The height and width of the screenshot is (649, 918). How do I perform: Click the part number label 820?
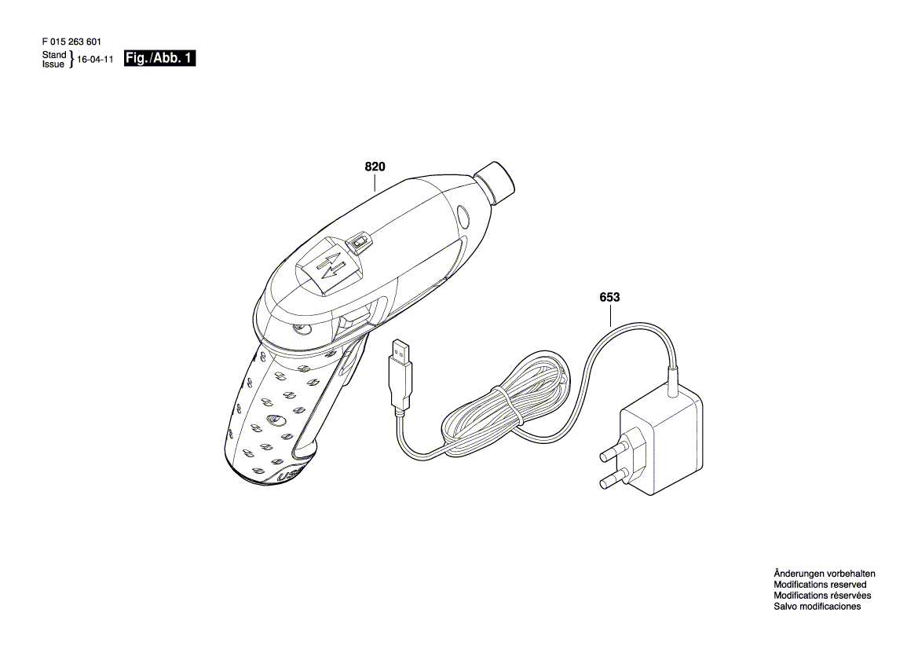[x=375, y=167]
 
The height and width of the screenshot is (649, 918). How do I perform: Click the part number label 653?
[x=609, y=298]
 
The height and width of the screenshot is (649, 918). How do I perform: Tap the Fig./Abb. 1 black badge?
[x=160, y=59]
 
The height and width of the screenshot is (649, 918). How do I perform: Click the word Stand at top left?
[x=54, y=55]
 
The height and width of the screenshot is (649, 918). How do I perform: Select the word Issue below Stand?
[x=54, y=64]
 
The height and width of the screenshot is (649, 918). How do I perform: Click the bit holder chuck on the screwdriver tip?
[x=495, y=180]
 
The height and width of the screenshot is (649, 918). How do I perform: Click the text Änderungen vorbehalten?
[x=824, y=574]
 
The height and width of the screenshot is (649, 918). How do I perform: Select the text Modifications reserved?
[x=820, y=585]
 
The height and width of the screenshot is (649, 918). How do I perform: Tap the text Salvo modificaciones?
[x=817, y=607]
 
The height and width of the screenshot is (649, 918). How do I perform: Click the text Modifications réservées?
[x=822, y=596]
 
